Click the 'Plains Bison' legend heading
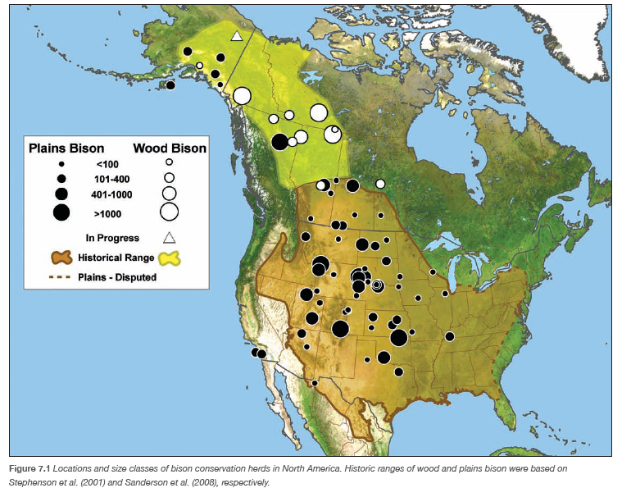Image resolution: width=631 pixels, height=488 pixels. (66, 148)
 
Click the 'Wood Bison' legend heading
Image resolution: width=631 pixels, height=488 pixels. (170, 148)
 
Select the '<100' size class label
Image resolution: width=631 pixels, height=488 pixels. (108, 164)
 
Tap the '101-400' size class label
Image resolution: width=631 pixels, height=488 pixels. (112, 179)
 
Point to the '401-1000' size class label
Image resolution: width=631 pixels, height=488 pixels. (112, 194)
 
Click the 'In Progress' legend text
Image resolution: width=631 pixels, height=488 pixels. (112, 238)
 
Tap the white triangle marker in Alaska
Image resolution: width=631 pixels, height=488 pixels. (236, 36)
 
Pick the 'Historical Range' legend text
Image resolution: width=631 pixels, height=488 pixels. (112, 258)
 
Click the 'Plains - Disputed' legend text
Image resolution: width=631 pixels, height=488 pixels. (117, 277)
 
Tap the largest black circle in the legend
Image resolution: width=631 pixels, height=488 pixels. (61, 212)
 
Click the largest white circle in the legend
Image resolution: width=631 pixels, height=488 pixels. (169, 212)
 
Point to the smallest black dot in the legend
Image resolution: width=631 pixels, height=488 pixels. (61, 164)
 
